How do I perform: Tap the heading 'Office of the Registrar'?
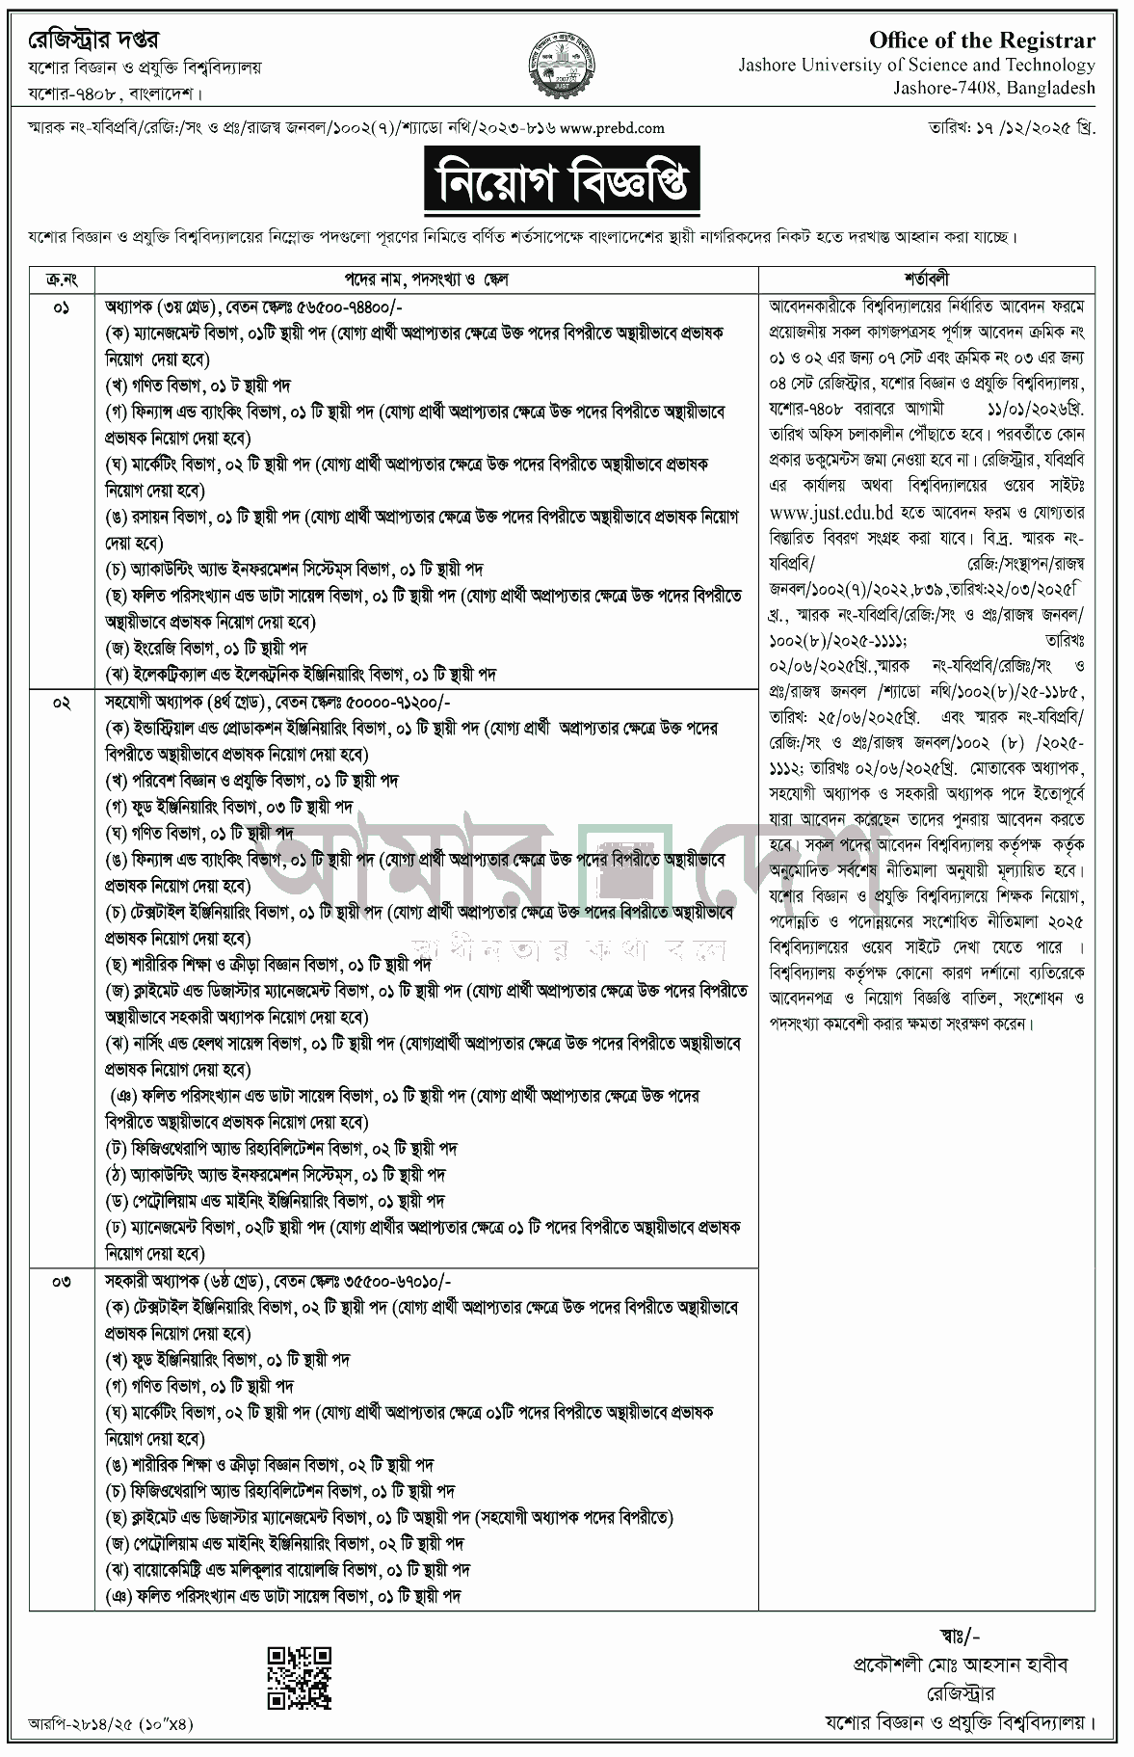(982, 40)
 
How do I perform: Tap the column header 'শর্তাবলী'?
(927, 279)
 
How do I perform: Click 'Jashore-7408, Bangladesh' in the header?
(1002, 88)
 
